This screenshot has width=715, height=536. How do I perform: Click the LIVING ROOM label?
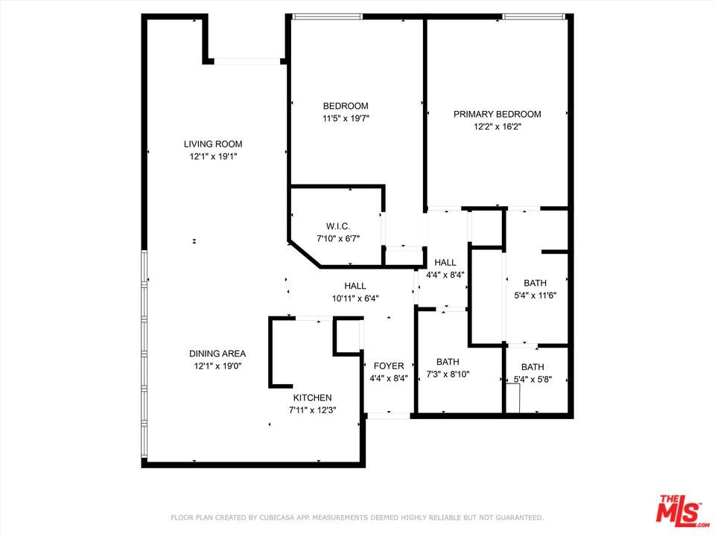213,144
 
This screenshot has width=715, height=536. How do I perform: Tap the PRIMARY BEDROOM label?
497,114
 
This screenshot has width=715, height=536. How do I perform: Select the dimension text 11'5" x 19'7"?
346,118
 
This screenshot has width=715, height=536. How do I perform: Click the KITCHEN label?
312,398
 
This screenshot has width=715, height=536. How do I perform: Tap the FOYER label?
388,366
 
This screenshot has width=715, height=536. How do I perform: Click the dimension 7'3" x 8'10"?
448,374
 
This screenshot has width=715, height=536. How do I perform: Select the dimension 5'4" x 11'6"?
535,295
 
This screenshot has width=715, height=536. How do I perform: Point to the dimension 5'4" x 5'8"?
532,379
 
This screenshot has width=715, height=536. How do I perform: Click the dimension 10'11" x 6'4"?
355,299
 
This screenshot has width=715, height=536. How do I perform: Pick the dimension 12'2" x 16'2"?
497,127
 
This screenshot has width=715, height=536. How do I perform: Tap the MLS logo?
678,511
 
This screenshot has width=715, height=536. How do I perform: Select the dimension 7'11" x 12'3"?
312,409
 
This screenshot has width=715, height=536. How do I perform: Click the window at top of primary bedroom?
533,16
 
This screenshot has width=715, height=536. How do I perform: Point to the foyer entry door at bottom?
388,415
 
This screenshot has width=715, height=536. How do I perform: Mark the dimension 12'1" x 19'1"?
213,156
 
